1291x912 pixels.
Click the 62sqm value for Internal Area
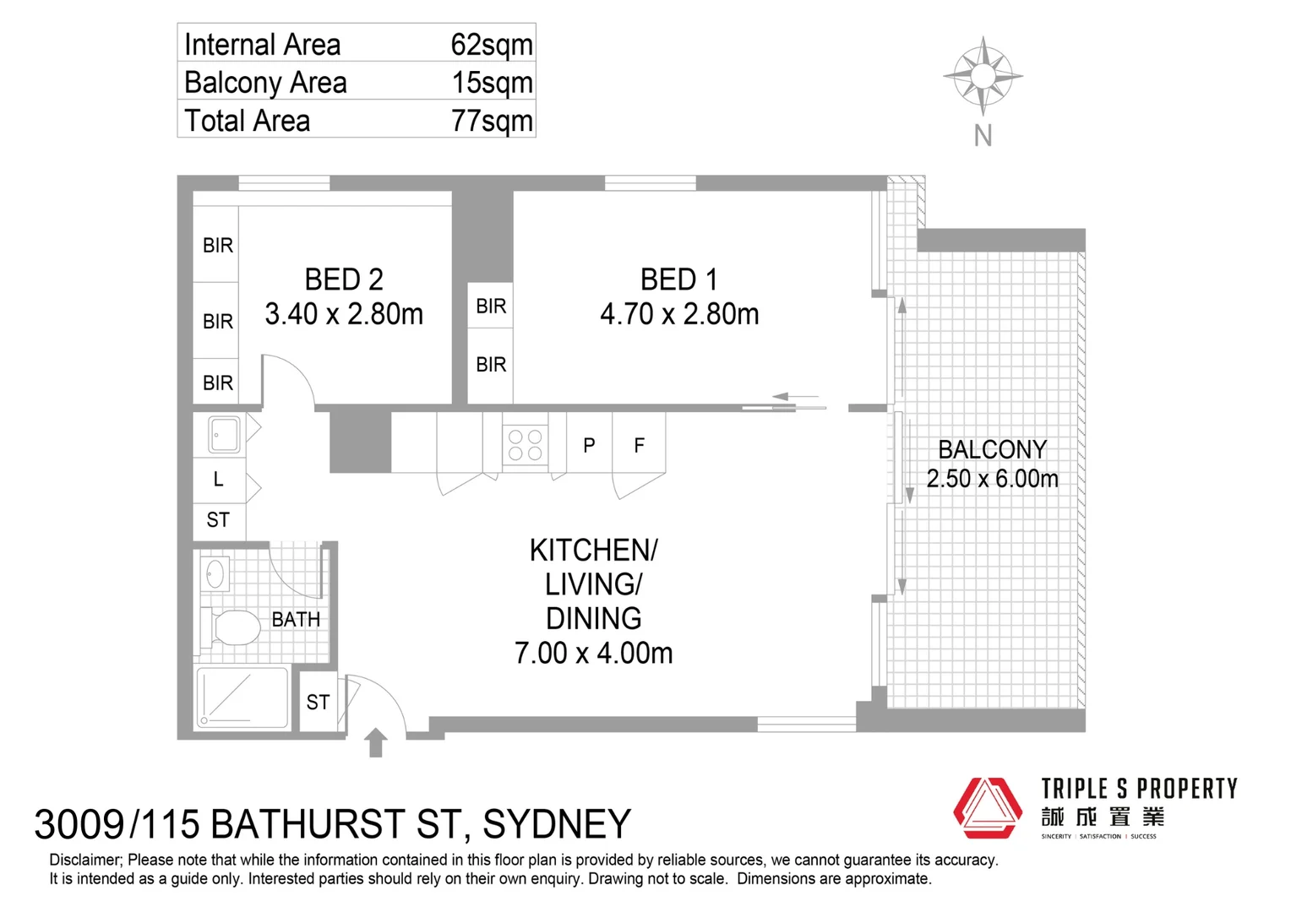point(492,46)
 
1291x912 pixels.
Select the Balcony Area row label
point(265,83)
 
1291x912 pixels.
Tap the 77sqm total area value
point(492,122)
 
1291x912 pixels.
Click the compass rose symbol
point(983,75)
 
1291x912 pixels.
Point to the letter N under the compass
point(983,136)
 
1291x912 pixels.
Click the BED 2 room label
point(344,280)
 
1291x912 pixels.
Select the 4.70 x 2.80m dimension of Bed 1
point(679,315)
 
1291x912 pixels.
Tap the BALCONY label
point(993,450)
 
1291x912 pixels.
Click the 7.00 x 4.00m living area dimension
point(594,654)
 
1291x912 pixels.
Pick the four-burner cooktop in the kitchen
point(525,445)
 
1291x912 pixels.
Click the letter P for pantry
point(589,445)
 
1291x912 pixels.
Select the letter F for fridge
point(639,445)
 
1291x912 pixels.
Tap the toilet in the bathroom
point(231,627)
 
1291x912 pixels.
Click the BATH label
point(296,620)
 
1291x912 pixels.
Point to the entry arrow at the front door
point(376,742)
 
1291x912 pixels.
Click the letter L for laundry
point(219,480)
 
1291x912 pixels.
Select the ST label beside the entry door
point(319,703)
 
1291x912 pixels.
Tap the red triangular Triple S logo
point(988,808)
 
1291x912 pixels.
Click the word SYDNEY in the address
point(557,824)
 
